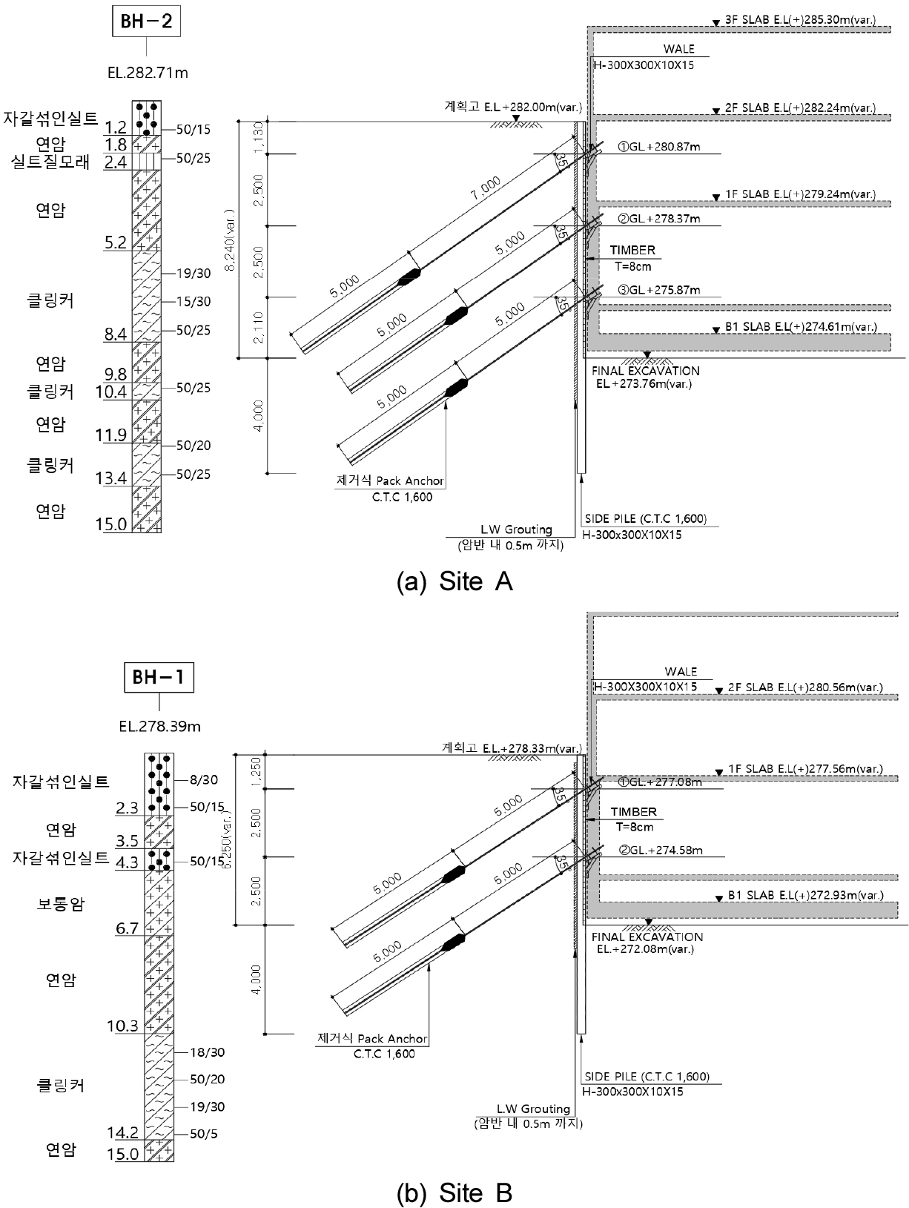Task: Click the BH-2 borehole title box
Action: point(146,22)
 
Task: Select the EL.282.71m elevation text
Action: point(148,73)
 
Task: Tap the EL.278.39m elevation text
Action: point(159,727)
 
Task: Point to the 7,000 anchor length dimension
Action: point(486,188)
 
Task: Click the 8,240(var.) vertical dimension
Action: point(230,240)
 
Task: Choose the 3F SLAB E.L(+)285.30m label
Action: point(800,20)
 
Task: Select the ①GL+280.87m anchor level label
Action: point(658,147)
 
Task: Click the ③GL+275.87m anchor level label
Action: point(658,290)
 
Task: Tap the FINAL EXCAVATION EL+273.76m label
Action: point(646,377)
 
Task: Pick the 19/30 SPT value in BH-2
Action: point(193,274)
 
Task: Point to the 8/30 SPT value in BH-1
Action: point(204,780)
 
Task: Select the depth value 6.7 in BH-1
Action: point(127,928)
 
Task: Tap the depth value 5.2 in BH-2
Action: point(116,242)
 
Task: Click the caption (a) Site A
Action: point(454,581)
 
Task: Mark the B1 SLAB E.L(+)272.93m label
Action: point(805,895)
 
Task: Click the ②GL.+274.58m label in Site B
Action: point(661,851)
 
